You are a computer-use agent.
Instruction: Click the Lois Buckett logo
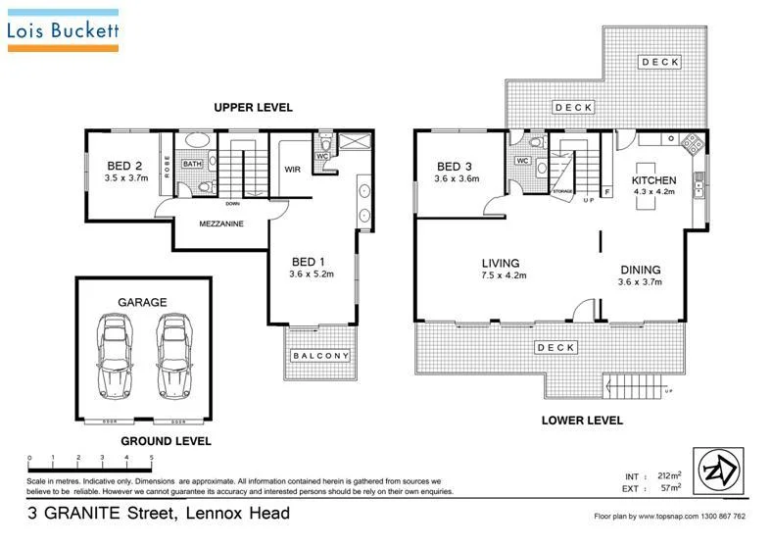[x=63, y=30]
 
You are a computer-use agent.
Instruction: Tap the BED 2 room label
[x=124, y=165]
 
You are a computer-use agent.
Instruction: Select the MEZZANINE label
[x=221, y=224]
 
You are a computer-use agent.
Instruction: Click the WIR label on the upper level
[x=291, y=168]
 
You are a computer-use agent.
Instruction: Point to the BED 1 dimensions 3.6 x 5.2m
[x=312, y=274]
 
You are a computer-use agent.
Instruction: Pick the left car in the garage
[x=114, y=354]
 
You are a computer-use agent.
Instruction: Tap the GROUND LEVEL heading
[x=166, y=441]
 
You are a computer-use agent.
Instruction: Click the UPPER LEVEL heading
[x=254, y=107]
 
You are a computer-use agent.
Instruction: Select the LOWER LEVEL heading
[x=582, y=420]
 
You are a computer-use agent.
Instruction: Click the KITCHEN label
[x=653, y=180]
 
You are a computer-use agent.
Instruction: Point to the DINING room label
[x=640, y=270]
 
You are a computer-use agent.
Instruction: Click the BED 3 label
[x=456, y=166]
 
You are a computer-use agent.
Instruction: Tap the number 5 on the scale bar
[x=151, y=458]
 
